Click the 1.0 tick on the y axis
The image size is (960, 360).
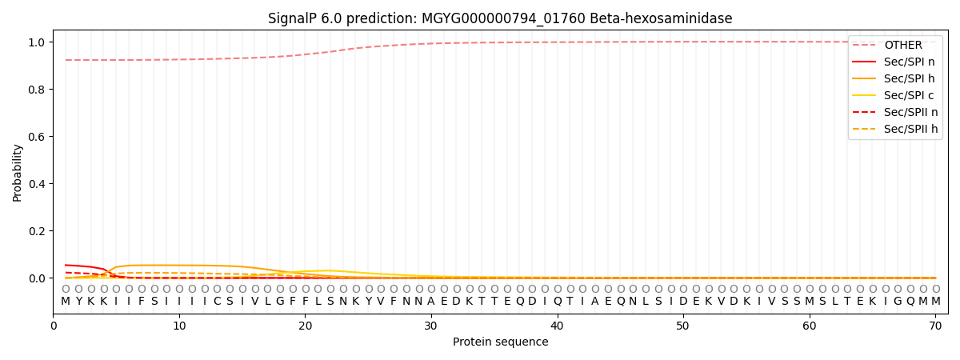(37, 42)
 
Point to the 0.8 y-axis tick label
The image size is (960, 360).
(37, 89)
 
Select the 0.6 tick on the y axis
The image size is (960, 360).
(37, 136)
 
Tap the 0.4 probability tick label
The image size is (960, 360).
(37, 183)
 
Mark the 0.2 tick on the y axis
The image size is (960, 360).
(37, 230)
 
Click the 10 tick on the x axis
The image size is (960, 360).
(179, 326)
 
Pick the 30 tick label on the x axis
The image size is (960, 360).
(431, 326)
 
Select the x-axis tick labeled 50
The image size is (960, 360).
(683, 326)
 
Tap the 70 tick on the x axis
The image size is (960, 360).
(935, 326)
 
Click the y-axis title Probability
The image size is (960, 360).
(17, 173)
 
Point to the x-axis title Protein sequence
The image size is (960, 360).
(501, 342)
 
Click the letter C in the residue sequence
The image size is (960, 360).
(218, 302)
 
